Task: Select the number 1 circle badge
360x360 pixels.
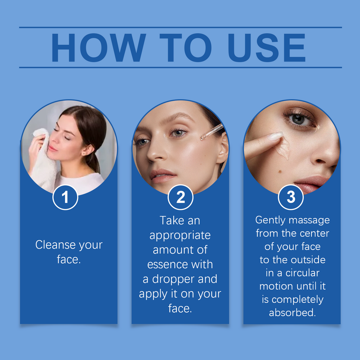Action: (65, 198)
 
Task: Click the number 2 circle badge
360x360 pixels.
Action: (180, 198)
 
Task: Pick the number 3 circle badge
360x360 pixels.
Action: (291, 198)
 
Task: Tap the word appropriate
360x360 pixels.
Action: (180, 236)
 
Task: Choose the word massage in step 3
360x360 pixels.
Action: (309, 220)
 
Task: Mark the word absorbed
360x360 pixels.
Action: (292, 313)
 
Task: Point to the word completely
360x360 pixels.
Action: (297, 300)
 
